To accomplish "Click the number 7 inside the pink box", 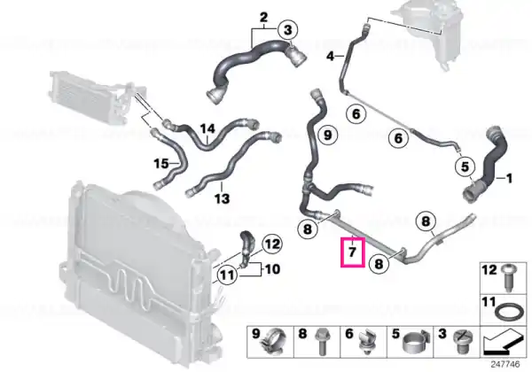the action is tap(353, 252).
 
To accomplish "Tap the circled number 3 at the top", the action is tap(287, 30).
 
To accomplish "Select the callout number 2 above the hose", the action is tap(263, 18).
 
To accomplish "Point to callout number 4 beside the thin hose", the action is tap(331, 56).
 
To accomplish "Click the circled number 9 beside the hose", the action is tap(327, 135).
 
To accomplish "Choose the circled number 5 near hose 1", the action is tap(465, 166).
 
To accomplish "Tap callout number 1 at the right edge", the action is tap(509, 178).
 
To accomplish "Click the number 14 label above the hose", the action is tap(207, 128).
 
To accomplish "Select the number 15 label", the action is tap(161, 164).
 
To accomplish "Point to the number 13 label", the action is tap(222, 198).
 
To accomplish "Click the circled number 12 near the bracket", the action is tap(272, 244).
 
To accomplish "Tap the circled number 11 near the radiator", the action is tap(227, 275).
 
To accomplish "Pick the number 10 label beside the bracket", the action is tap(272, 269).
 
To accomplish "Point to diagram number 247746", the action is tap(505, 364).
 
